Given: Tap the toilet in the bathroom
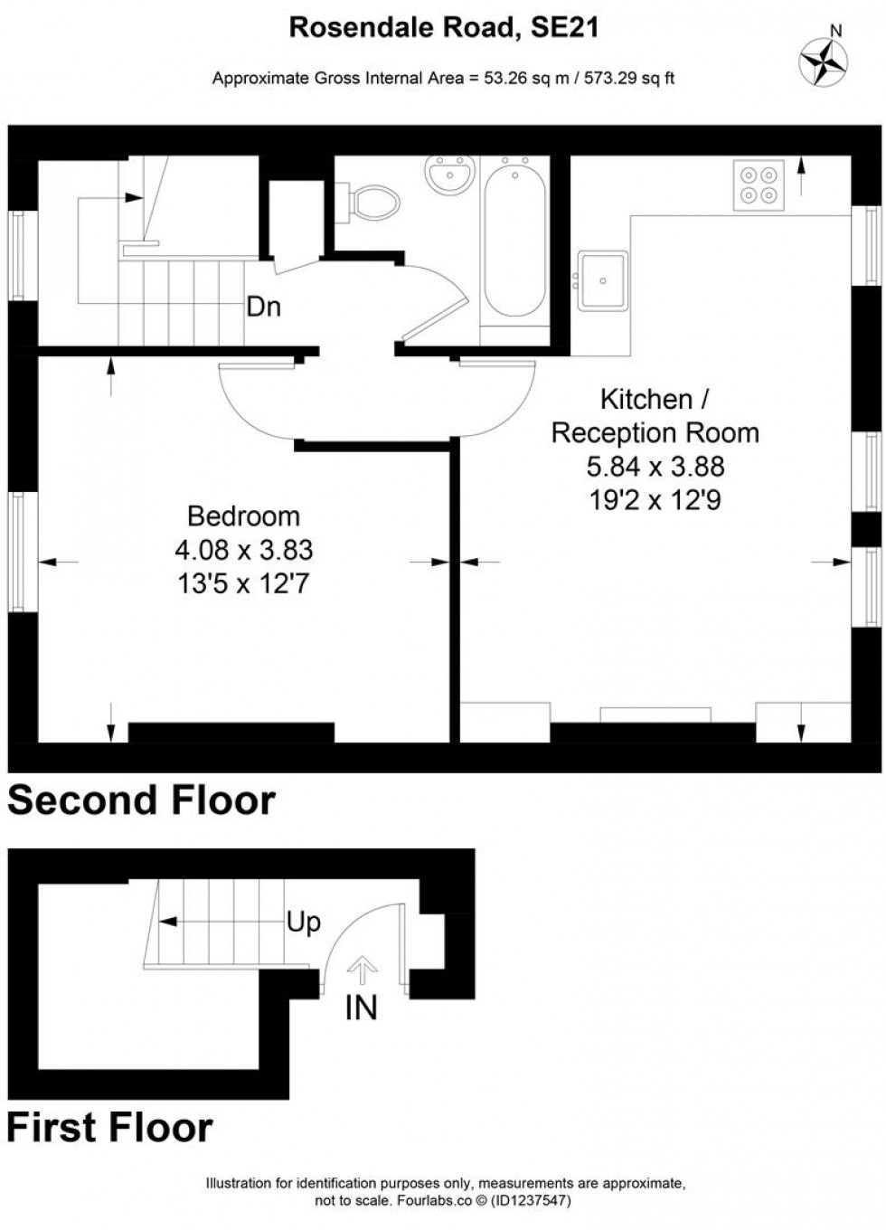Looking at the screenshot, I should point(372,201).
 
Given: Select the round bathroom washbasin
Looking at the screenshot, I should point(450,174).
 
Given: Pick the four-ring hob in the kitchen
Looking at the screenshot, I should point(758,184).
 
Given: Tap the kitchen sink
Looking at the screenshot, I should point(603,279).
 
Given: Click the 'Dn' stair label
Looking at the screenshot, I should point(263,307).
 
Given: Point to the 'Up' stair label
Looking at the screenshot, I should point(303,922).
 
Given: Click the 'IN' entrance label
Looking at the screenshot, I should point(361,1008).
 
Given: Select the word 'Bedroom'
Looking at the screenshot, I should point(243,516).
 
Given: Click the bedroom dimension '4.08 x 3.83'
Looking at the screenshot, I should point(243,550).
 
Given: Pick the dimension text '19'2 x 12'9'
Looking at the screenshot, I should point(655,500).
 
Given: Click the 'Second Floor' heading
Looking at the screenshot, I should point(141,801).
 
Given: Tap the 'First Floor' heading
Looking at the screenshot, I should point(109,1128).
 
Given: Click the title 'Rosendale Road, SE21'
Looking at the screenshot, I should point(443,28).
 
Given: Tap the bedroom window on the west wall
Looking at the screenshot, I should point(17,552).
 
